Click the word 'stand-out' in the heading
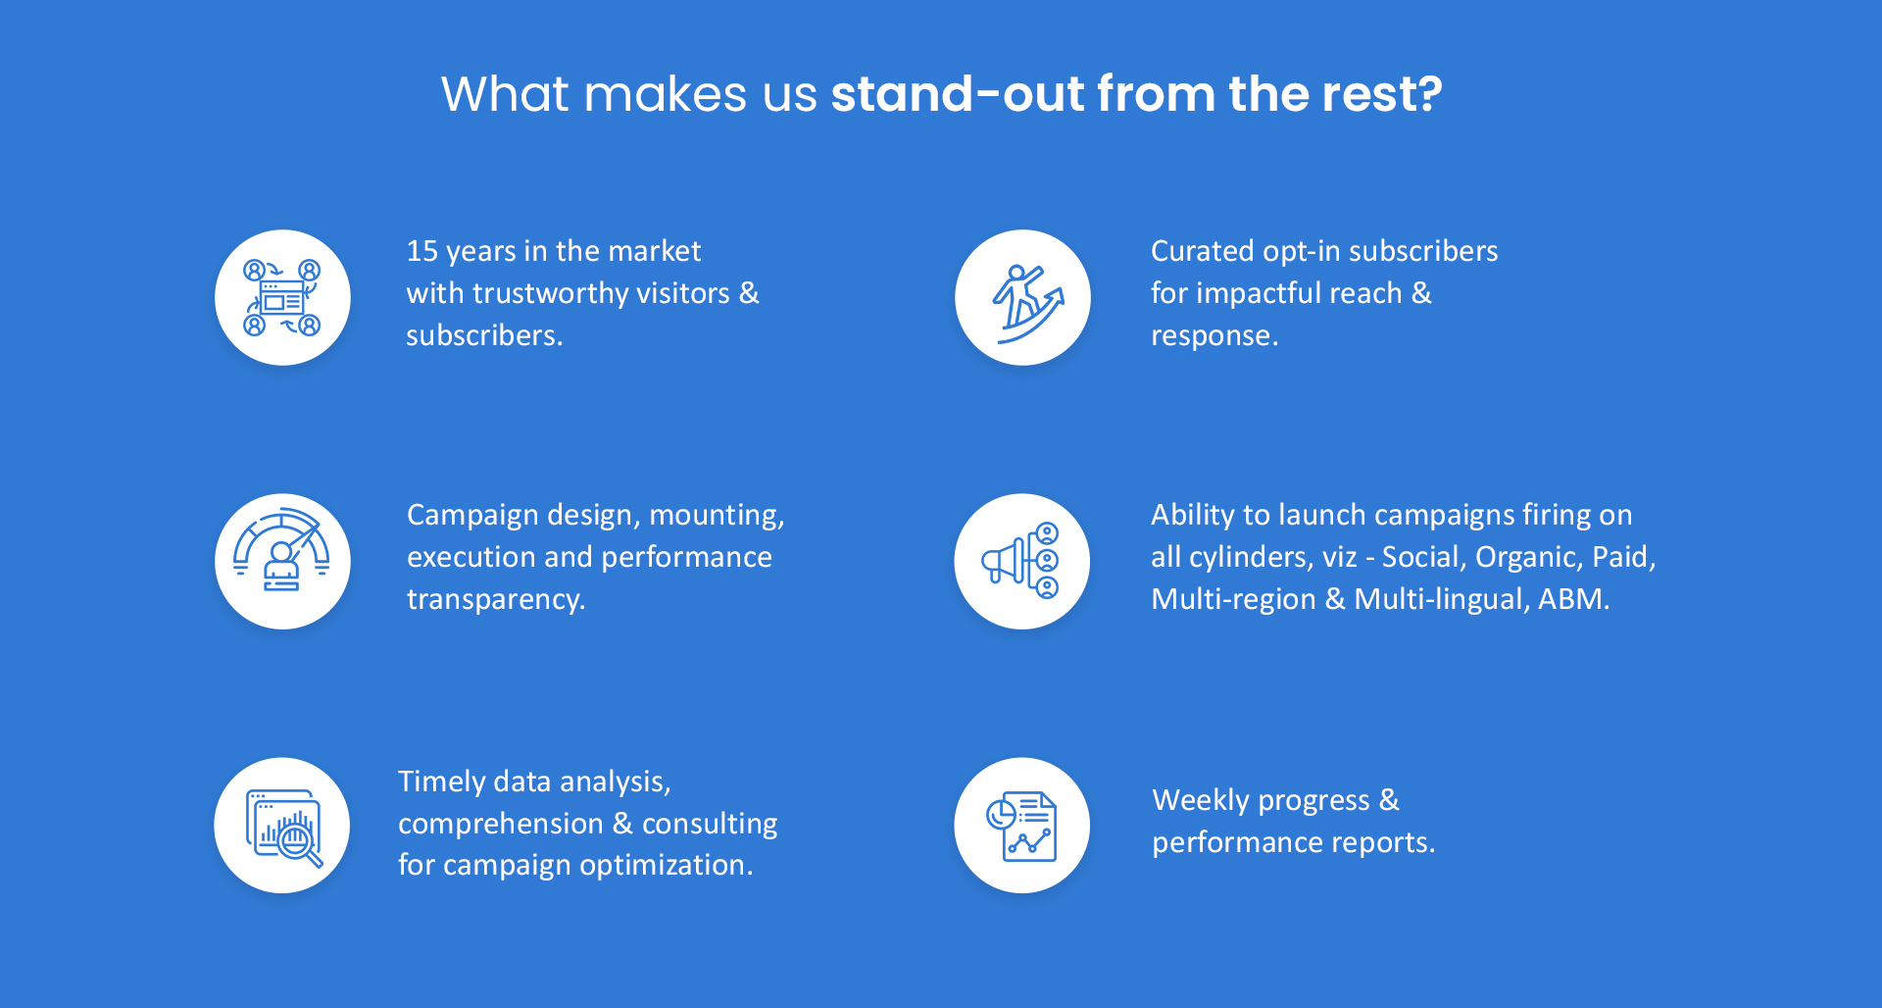tap(958, 94)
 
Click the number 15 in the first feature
tap(421, 251)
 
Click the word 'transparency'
tap(492, 599)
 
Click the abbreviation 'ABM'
tap(1570, 599)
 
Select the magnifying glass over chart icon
tap(282, 826)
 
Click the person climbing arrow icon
tap(1022, 298)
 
